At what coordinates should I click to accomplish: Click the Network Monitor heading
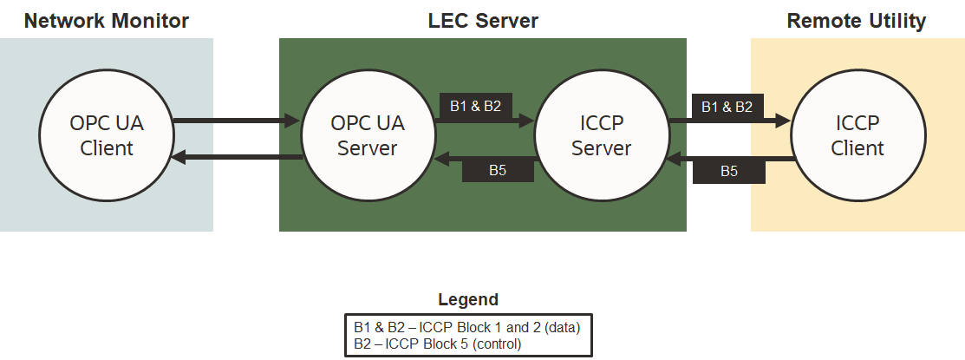[x=107, y=20]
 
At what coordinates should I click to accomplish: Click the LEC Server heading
[x=483, y=20]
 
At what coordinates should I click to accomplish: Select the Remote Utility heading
[x=857, y=20]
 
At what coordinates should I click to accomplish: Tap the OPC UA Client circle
[x=107, y=135]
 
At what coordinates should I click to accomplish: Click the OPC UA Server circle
[x=367, y=135]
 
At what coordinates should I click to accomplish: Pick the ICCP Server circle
[x=601, y=135]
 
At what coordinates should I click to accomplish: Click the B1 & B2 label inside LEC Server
[x=475, y=106]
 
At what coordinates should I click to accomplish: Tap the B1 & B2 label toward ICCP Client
[x=727, y=107]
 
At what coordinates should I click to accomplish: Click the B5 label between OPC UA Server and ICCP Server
[x=497, y=170]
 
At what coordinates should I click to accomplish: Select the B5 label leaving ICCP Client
[x=729, y=171]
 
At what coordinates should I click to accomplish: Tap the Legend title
[x=468, y=300]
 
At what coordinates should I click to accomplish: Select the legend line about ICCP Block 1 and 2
[x=466, y=327]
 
